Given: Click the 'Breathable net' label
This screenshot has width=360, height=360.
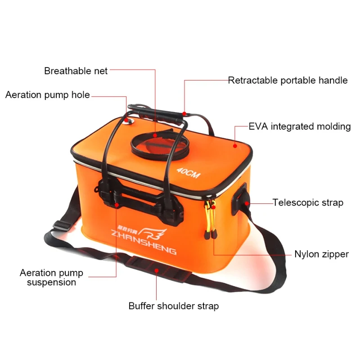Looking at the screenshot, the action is click(x=76, y=71).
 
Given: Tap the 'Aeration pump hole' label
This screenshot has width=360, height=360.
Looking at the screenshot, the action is click(x=47, y=95).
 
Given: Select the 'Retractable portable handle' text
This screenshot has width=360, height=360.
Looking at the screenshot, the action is click(x=288, y=81).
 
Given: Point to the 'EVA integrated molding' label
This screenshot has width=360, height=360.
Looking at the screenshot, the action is click(x=299, y=126).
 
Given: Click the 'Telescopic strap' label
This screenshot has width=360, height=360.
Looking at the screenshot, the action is click(x=308, y=202).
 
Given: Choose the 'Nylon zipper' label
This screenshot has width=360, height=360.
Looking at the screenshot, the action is click(x=321, y=254).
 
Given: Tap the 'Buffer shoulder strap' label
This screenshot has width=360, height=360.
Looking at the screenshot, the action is click(x=174, y=306).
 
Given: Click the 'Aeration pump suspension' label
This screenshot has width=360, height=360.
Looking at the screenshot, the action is click(x=51, y=278).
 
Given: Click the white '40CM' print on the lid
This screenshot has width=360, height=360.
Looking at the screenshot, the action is click(x=188, y=173).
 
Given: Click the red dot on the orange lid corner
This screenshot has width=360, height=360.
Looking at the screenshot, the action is click(x=234, y=145).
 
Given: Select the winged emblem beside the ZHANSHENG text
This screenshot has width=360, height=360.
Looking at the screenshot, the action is click(x=155, y=234).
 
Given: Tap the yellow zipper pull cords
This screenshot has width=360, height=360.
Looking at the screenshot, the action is click(x=210, y=220).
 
